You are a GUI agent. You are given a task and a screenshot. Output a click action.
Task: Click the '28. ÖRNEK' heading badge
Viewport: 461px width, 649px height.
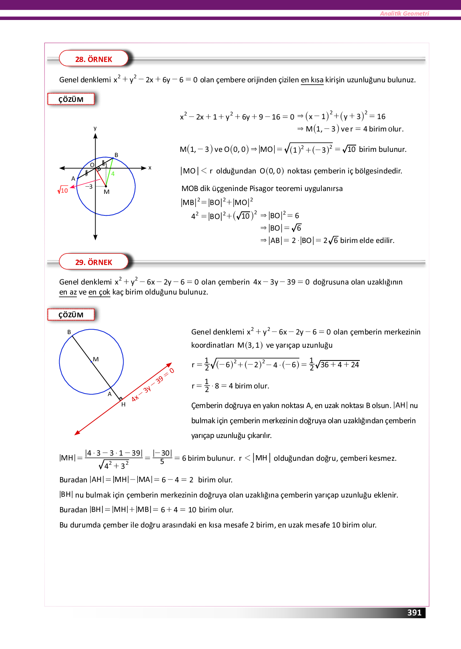coord(94,59)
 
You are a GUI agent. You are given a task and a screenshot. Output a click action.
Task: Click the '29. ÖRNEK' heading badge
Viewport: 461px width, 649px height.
coord(94,262)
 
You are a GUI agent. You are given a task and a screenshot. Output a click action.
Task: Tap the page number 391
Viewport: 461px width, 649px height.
coord(414,613)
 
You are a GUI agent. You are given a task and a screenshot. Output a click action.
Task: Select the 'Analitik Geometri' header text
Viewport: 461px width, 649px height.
coord(404,14)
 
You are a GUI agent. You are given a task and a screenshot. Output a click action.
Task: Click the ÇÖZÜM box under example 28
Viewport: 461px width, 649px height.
coord(71,100)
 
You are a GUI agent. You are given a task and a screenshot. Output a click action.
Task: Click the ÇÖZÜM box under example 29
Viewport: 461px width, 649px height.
coord(71,315)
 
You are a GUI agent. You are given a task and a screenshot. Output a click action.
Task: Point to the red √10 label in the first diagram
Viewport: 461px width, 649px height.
coord(63,190)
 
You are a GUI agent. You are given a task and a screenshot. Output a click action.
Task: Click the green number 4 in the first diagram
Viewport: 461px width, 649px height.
coord(113,174)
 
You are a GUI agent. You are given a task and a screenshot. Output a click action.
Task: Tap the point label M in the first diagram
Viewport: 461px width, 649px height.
coord(106,192)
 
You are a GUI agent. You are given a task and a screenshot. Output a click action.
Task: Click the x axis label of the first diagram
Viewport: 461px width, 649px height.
coord(150,168)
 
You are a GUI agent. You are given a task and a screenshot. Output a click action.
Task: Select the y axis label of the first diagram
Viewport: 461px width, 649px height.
coord(95,128)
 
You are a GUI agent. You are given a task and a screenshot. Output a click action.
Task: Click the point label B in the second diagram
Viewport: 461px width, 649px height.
coord(69,332)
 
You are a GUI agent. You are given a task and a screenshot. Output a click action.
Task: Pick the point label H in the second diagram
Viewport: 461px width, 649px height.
coord(123,404)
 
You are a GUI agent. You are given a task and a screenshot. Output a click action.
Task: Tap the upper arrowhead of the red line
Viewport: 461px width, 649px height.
coord(170,365)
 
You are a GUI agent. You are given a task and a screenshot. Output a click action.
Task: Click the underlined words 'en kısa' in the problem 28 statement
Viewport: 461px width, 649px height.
coord(312,80)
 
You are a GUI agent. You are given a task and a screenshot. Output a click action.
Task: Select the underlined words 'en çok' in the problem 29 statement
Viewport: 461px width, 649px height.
coord(99,292)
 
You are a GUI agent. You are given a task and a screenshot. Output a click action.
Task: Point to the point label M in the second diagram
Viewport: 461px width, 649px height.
coord(96,359)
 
